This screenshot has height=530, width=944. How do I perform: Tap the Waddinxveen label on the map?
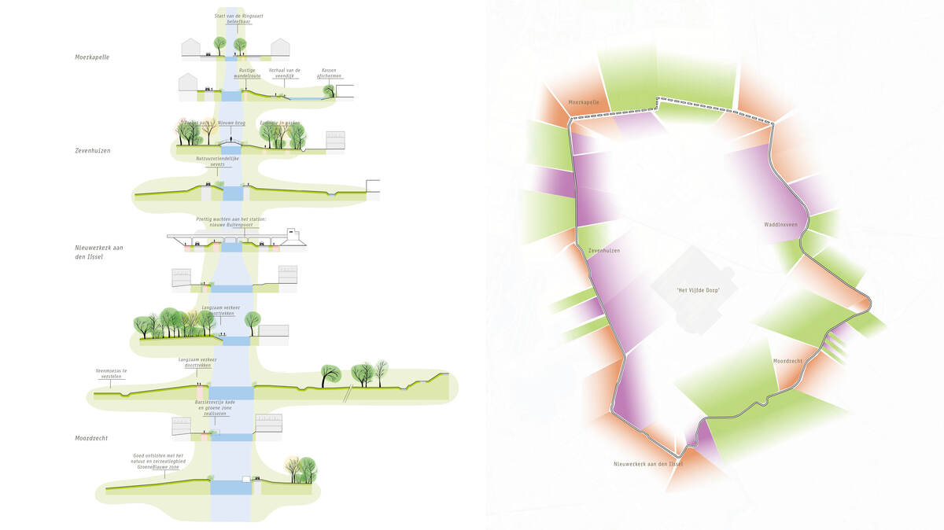click(780, 224)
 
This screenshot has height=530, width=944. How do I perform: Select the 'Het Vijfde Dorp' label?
click(699, 291)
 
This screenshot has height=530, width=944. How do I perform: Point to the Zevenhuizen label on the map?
click(604, 251)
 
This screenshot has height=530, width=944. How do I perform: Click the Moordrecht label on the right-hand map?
click(787, 361)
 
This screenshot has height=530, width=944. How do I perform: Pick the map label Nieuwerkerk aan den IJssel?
click(648, 464)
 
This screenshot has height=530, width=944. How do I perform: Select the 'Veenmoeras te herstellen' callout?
click(110, 373)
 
